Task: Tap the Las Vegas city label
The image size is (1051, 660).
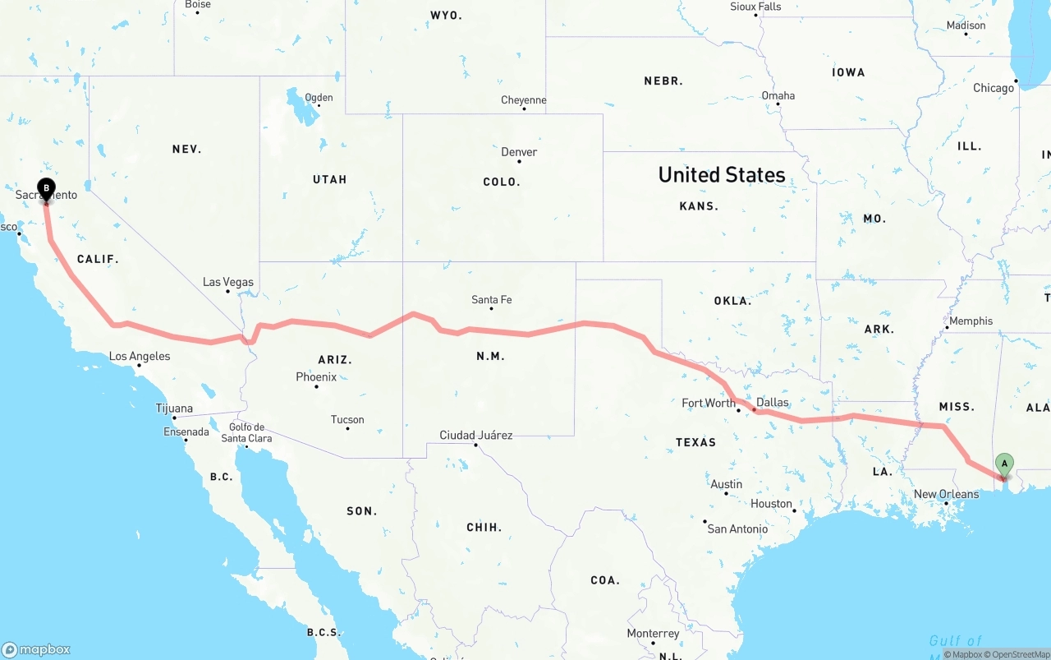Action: (x=228, y=282)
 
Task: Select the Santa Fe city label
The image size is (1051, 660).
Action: (x=491, y=300)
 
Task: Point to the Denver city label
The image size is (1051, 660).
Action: (x=519, y=152)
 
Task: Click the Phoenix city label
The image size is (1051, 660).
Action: (x=316, y=377)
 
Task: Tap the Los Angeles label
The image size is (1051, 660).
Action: (x=140, y=356)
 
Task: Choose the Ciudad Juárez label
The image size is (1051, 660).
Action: (x=476, y=435)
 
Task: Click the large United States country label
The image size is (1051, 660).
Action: (x=722, y=174)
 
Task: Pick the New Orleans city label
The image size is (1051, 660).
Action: (x=946, y=494)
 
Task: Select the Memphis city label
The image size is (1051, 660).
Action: (x=971, y=321)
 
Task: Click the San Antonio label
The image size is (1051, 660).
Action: (x=737, y=528)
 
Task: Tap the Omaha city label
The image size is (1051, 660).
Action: (x=778, y=95)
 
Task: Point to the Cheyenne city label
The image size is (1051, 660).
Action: (x=524, y=100)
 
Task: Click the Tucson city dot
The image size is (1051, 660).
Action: (x=348, y=428)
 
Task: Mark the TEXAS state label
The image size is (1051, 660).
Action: (x=695, y=442)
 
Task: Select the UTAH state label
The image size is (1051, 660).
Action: (x=329, y=179)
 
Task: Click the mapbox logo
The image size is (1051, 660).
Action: (x=36, y=649)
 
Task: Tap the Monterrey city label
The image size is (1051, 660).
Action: (x=653, y=634)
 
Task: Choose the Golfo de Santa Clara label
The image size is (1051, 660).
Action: (x=246, y=432)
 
